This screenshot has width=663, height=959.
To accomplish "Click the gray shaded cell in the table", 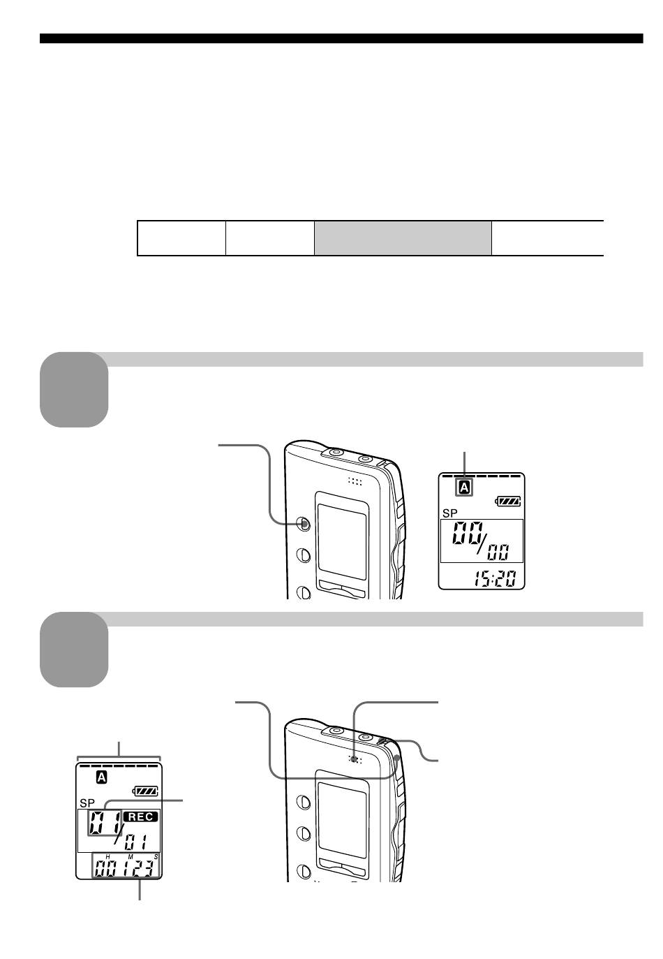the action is [x=403, y=238].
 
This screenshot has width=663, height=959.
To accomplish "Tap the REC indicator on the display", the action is [x=140, y=817].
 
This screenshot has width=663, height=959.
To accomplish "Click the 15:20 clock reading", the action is [x=493, y=579].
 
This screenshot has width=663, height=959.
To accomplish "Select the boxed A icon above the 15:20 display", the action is [x=464, y=488].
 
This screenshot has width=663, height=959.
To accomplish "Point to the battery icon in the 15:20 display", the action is [x=508, y=501].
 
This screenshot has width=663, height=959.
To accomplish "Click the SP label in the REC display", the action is [x=87, y=803].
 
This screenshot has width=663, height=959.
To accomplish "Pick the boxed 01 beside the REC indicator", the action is [x=105, y=822].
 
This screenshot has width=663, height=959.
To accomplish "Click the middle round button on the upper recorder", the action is [x=304, y=555].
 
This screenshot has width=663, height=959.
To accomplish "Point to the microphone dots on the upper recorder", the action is [x=355, y=482].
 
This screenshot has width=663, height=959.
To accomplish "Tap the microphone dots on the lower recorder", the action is [x=355, y=760].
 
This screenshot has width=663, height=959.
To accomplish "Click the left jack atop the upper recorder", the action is [x=336, y=452].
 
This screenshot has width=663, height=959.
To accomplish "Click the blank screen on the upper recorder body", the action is [x=342, y=541].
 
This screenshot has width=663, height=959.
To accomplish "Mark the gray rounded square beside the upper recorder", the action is [x=74, y=390].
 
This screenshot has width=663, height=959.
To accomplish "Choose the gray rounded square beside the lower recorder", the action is [x=74, y=650].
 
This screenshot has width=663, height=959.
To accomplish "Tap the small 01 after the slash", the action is [x=136, y=842].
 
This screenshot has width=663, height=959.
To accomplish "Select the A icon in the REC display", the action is [x=101, y=777].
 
